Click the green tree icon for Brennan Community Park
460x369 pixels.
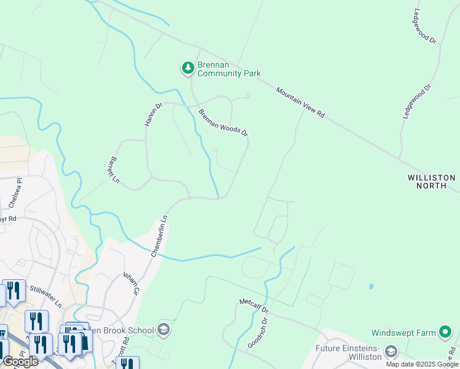pyautogui.click(x=188, y=68)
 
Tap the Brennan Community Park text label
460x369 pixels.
pyautogui.click(x=229, y=69)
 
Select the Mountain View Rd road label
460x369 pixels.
pyautogui.click(x=299, y=103)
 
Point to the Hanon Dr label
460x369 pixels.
pyautogui.click(x=153, y=114)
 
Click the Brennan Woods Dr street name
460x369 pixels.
pyautogui.click(x=223, y=122)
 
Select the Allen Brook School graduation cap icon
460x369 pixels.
pyautogui.click(x=164, y=330)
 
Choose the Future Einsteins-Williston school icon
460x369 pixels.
pyautogui.click(x=391, y=352)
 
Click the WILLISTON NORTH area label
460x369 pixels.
pyautogui.click(x=432, y=181)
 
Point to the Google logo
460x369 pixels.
pyautogui.click(x=20, y=362)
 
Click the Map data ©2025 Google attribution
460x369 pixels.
pyautogui.click(x=422, y=364)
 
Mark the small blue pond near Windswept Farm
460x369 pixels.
pyautogui.click(x=370, y=287)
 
